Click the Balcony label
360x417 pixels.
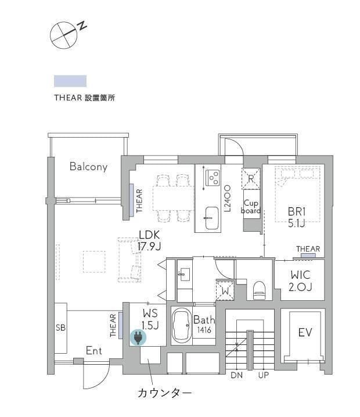pyautogui.click(x=88, y=167)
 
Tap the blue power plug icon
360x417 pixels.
pyautogui.click(x=138, y=338)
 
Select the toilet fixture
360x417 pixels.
pyautogui.click(x=259, y=290)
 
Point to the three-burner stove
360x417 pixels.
pyautogui.click(x=213, y=178)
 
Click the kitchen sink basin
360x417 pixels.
pyautogui.click(x=212, y=218)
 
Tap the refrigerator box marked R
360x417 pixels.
pyautogui.click(x=251, y=179)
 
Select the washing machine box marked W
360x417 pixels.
pyautogui.click(x=225, y=290)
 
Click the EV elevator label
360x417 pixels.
pyautogui.click(x=305, y=332)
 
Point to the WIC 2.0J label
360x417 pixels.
pyautogui.click(x=300, y=281)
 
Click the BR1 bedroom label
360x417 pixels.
pyautogui.click(x=297, y=218)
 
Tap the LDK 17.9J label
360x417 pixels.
pyautogui.click(x=149, y=240)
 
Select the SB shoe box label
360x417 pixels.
pyautogui.click(x=60, y=328)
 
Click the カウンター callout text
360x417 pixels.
pyautogui.click(x=164, y=393)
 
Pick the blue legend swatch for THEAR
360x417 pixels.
pyautogui.click(x=70, y=81)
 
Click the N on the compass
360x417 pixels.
pyautogui.click(x=82, y=24)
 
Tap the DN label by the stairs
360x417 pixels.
pyautogui.click(x=237, y=375)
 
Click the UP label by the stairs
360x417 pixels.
pyautogui.click(x=263, y=375)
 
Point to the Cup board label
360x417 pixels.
pyautogui.click(x=251, y=207)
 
